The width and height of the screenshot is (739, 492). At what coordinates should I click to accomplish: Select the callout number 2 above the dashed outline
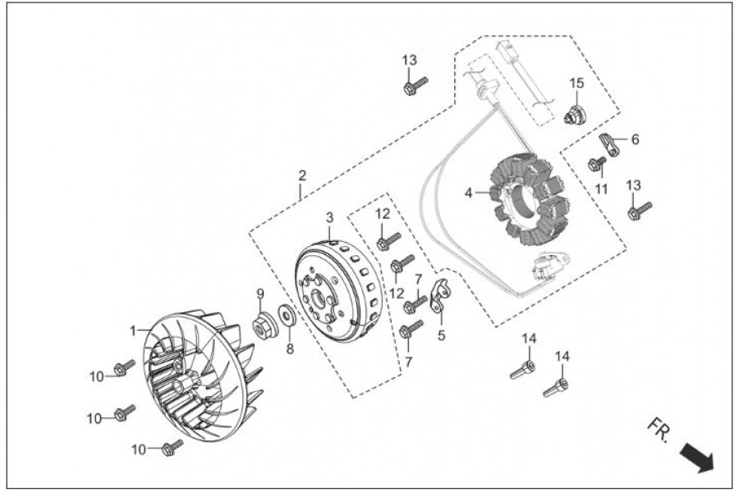coord(302,175)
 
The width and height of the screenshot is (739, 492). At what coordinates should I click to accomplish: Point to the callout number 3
coord(329,217)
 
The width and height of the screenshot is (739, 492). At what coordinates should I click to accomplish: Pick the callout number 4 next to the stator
coord(469,193)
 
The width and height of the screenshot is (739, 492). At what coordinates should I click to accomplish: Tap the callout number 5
coord(441,335)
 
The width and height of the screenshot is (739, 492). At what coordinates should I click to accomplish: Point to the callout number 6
coord(635,139)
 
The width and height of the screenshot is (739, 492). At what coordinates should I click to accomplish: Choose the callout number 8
coord(288,348)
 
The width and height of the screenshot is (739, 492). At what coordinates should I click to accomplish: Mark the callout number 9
coord(259,293)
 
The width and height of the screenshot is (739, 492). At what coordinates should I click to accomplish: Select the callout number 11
coord(601,189)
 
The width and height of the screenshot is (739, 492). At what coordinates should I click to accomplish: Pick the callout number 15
coord(577,83)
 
